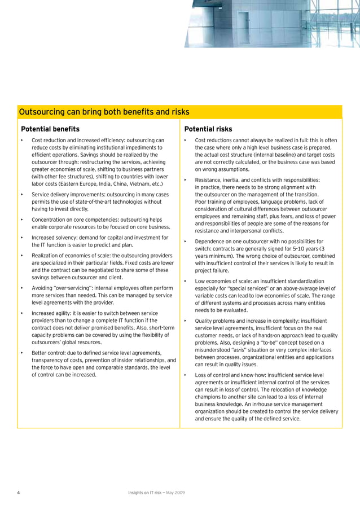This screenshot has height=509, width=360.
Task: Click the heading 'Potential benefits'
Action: pyautogui.click(x=50, y=129)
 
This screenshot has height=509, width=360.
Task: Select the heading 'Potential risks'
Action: pyautogui.click(x=208, y=129)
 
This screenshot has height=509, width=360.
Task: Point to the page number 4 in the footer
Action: pyautogui.click(x=19, y=493)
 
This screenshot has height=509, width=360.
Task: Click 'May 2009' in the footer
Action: pyautogui.click(x=174, y=493)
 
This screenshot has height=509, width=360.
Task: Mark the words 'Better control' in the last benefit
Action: pyautogui.click(x=48, y=353)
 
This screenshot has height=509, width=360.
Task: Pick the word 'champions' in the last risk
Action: pyautogui.click(x=211, y=405)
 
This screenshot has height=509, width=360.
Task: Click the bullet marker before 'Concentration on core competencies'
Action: pyautogui.click(x=22, y=220)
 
